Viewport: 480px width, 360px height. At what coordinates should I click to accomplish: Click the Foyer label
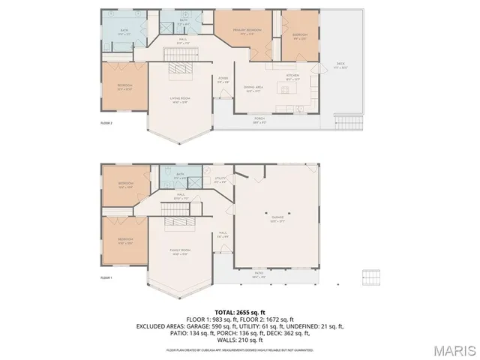tap(223, 79)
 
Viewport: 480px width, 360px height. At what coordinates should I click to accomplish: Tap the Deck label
tap(340, 65)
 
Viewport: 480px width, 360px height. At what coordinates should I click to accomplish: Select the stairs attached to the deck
tap(346, 122)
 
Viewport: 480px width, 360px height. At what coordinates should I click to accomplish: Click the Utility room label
tap(220, 179)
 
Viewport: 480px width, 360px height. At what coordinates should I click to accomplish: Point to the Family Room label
tap(180, 252)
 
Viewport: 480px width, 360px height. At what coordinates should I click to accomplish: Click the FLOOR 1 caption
tap(106, 278)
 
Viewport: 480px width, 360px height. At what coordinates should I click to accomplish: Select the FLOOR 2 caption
tap(106, 122)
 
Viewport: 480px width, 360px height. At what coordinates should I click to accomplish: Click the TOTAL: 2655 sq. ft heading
tap(239, 311)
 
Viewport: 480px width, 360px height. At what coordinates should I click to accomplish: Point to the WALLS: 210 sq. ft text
tap(239, 340)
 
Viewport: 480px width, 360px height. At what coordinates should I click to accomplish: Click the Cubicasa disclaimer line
tap(239, 349)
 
